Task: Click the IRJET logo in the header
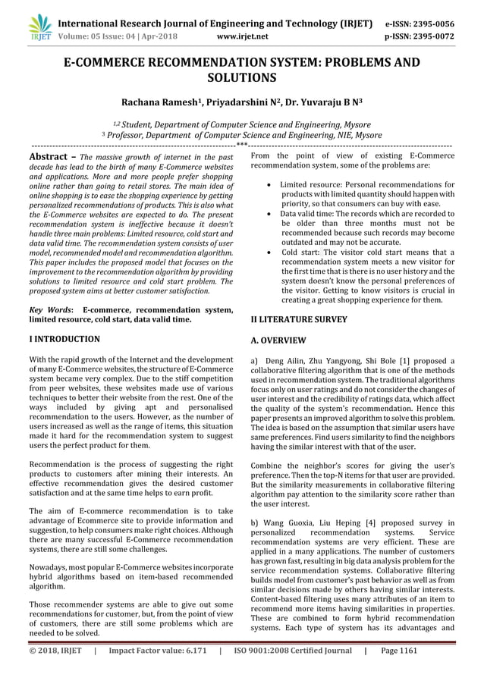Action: coord(39,27)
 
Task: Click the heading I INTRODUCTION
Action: coord(63,339)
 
